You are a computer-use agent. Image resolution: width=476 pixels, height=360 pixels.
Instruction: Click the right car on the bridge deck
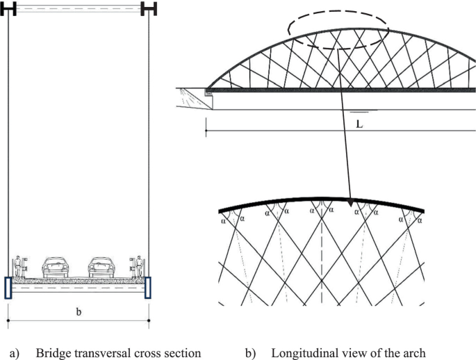click(101, 266)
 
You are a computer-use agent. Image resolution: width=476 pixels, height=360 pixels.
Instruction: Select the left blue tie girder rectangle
click(8, 288)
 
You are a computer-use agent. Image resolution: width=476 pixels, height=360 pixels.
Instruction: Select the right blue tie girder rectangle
click(148, 288)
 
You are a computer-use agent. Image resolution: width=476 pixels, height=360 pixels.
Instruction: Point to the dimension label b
click(78, 311)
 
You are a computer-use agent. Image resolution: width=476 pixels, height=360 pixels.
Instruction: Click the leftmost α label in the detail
click(223, 221)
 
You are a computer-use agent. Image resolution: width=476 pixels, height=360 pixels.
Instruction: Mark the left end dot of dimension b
click(8, 320)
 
